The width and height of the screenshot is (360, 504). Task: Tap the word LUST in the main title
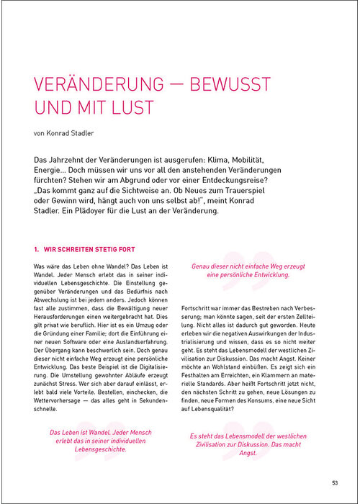tap(134, 109)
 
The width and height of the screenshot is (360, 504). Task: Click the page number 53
tap(335, 482)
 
